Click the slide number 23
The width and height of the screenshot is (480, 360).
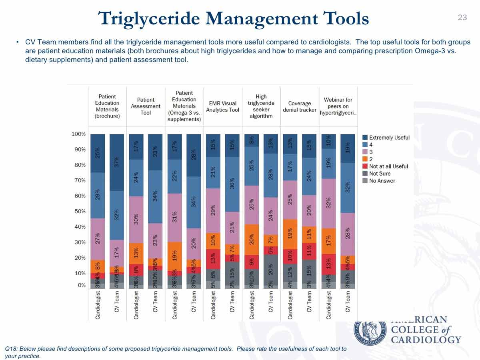click(462, 17)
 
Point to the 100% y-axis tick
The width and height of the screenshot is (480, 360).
click(78, 134)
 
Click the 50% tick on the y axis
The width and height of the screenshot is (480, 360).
click(80, 211)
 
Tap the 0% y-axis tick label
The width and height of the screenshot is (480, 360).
click(81, 285)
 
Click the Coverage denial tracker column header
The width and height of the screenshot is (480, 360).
click(300, 107)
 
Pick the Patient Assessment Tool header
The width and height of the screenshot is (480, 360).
click(146, 106)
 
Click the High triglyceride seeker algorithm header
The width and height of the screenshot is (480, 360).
click(261, 106)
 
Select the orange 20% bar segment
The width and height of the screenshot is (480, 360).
click(252, 239)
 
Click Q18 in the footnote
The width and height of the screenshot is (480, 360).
click(11, 349)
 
